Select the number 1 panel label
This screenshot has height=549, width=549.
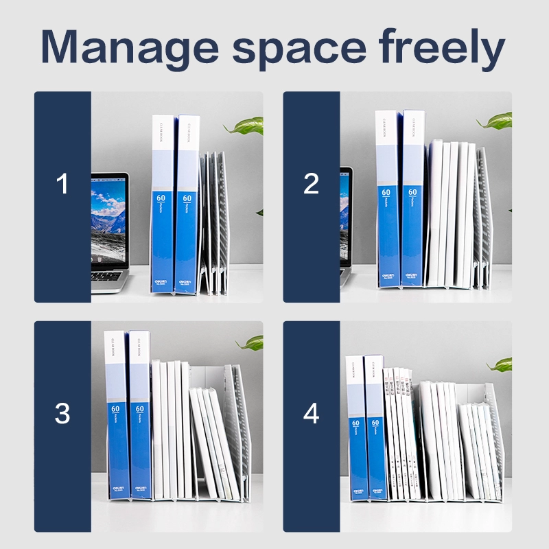tap(62, 184)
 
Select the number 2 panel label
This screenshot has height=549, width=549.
tap(311, 184)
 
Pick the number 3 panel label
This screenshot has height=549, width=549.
tap(62, 414)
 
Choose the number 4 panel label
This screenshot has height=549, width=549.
tap(311, 414)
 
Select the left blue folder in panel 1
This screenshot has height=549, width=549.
tap(163, 206)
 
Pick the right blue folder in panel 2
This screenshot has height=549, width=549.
tap(413, 199)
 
